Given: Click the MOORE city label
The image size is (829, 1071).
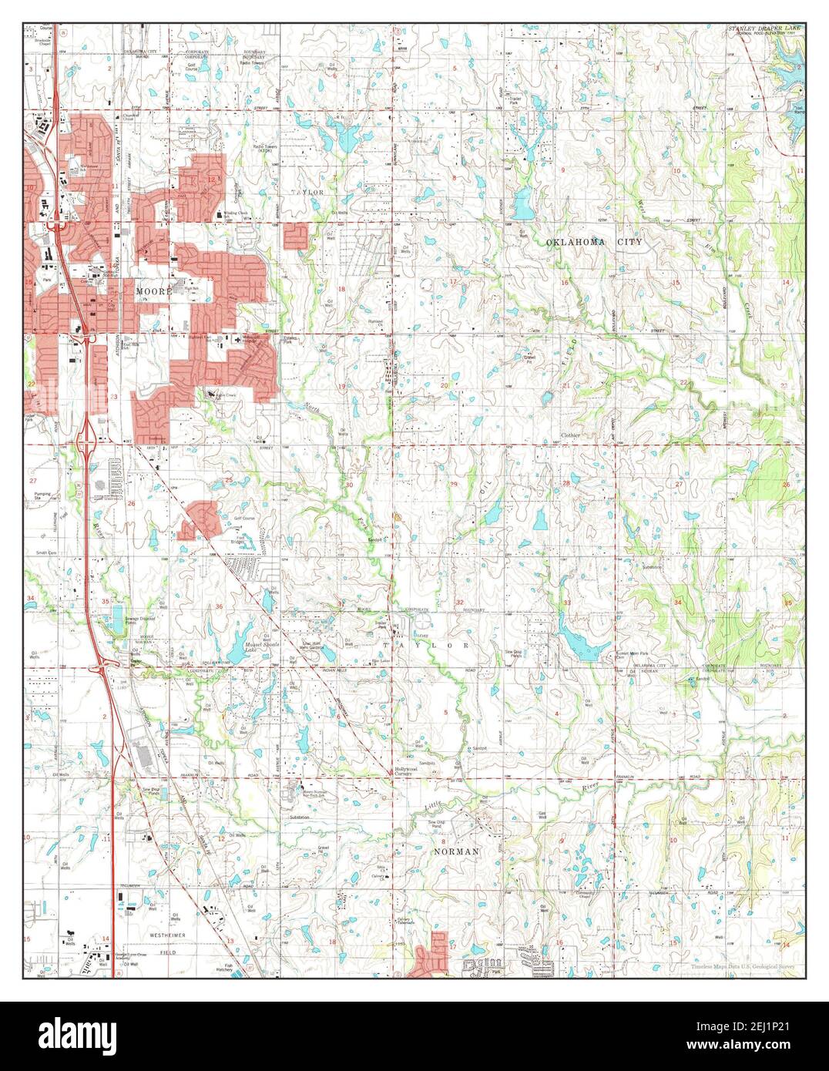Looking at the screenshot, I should tap(153, 292).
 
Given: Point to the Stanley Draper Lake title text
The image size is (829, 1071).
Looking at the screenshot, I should tap(764, 28).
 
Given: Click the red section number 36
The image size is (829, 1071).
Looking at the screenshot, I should tap(220, 606).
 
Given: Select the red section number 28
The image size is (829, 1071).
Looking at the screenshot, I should tap(566, 483).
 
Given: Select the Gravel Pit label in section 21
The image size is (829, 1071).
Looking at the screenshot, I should tap(529, 358).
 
